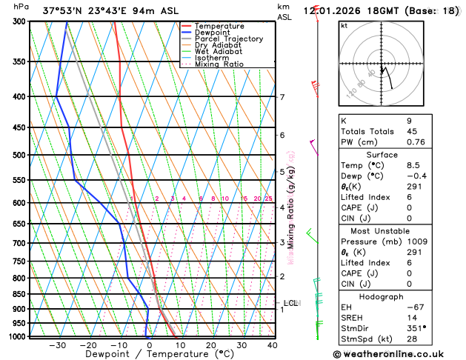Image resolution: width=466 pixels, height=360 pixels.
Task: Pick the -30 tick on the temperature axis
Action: coord(58,344)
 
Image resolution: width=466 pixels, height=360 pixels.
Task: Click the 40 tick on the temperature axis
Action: coord(272,344)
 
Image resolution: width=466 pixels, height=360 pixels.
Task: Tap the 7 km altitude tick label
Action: coord(282,97)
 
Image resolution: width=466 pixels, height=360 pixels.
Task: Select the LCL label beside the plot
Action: coord(290,303)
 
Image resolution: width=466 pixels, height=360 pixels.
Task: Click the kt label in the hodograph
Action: coord(344,25)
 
